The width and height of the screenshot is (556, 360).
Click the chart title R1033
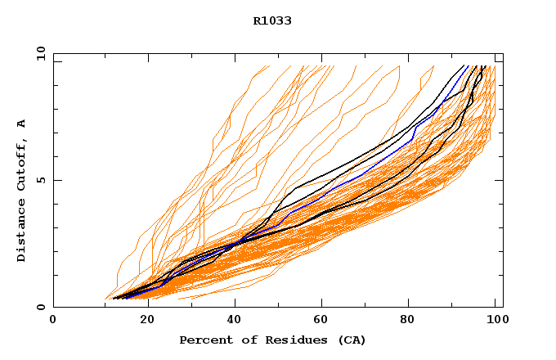(272, 20)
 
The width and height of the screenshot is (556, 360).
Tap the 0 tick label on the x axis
(53, 321)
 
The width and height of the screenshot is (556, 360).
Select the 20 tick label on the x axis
(142, 321)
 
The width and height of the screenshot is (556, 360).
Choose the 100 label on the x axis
(495, 321)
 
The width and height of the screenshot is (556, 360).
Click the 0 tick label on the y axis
(39, 307)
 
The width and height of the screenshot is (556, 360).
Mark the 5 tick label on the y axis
(39, 180)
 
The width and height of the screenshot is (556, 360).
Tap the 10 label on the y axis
(39, 53)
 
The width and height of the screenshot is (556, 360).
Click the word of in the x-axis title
(246, 340)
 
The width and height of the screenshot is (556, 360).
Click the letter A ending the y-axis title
(22, 124)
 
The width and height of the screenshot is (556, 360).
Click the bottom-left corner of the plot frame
(53, 307)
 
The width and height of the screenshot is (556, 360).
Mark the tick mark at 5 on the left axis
(56, 180)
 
